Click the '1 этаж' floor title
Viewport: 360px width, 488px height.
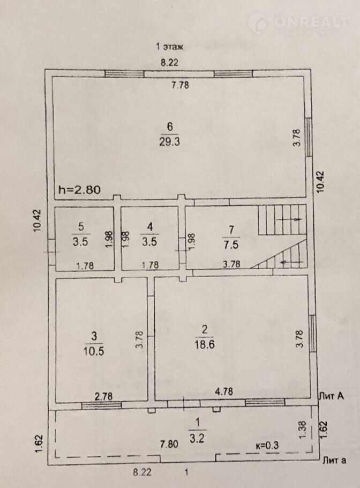click(x=169, y=47)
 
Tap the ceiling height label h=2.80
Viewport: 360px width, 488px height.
click(x=80, y=189)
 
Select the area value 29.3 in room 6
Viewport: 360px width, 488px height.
click(x=169, y=142)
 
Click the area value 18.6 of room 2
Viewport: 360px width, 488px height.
click(x=205, y=344)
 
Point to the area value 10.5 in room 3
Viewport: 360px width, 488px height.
click(x=94, y=351)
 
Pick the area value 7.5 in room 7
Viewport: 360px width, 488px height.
click(x=231, y=245)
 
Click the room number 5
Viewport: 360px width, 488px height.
click(x=81, y=226)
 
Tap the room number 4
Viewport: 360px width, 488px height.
click(x=150, y=226)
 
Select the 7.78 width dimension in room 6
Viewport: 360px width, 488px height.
click(x=181, y=85)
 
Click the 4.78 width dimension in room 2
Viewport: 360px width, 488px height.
click(x=224, y=391)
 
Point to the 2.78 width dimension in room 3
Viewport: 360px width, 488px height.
click(x=103, y=396)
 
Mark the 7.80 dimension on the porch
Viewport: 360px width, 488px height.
click(x=169, y=444)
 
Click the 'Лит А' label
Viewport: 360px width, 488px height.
click(x=332, y=396)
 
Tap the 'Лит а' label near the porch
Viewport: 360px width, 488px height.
click(x=334, y=460)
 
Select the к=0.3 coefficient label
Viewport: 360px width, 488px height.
click(x=267, y=445)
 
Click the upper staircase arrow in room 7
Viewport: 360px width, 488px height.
click(x=289, y=219)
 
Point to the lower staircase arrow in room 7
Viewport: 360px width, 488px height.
click(x=292, y=262)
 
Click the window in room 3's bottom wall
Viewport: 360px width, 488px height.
click(x=101, y=405)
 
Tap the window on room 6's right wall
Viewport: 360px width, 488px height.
click(x=309, y=137)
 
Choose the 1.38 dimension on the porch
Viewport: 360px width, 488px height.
click(x=304, y=430)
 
